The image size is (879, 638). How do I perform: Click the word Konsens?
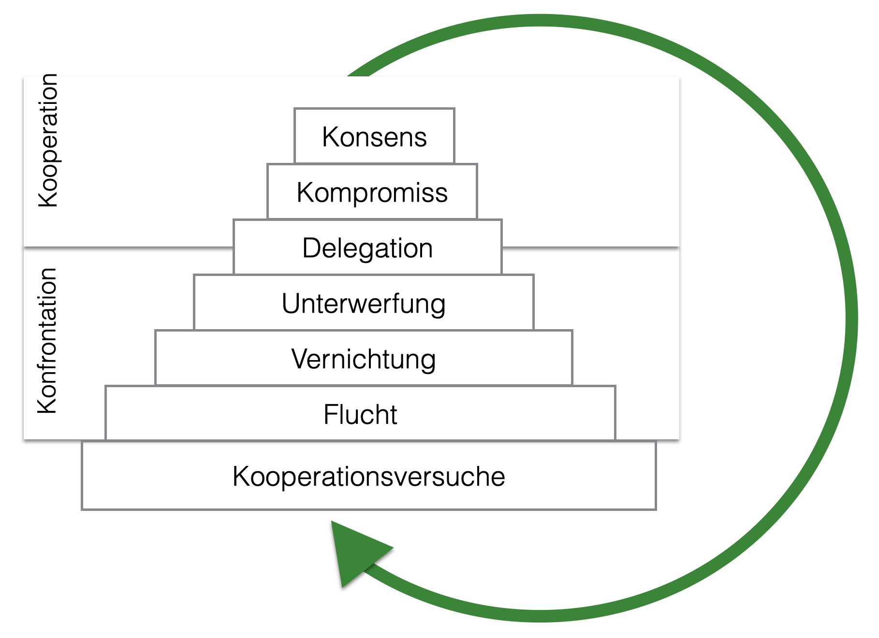coord(374,137)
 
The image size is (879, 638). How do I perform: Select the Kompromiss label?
coord(372,192)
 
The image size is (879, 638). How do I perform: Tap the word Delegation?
coord(367,248)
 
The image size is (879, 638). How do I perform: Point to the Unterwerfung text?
coord(364,304)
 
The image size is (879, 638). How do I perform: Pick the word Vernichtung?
coord(364,360)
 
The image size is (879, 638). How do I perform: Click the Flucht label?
coord(360,415)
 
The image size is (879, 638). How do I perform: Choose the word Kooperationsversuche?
coord(369,477)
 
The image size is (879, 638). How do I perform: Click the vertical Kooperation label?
coord(48,141)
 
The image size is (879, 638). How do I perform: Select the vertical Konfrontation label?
coord(47,341)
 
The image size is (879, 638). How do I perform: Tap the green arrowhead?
coord(356,551)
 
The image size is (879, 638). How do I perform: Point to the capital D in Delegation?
coord(311,248)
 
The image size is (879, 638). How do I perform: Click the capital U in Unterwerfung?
coord(292,304)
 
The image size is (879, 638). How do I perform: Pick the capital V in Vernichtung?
coord(300,360)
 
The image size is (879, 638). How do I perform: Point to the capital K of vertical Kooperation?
coord(48,198)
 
